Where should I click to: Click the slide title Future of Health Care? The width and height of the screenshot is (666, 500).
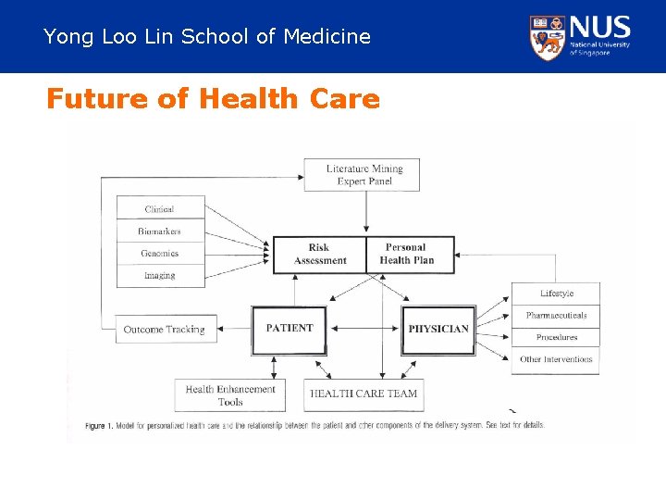(x=213, y=98)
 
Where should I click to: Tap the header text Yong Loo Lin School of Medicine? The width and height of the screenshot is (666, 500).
(x=207, y=37)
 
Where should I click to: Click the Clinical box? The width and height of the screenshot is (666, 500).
(x=159, y=209)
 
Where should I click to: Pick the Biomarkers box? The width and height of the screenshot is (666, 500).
(x=159, y=231)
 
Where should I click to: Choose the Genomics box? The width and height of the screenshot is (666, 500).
(x=159, y=254)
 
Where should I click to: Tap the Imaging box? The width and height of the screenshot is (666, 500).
(x=159, y=276)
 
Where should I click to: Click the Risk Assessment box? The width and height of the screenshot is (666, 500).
(x=319, y=255)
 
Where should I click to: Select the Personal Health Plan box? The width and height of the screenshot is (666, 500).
(x=406, y=255)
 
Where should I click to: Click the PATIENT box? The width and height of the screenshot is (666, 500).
(x=290, y=329)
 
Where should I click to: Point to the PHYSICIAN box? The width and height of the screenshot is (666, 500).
(x=438, y=330)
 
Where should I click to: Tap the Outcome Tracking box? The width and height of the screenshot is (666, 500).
(x=165, y=330)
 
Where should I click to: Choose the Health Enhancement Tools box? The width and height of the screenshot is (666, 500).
(x=230, y=395)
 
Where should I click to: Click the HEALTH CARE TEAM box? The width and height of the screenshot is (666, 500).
(x=364, y=394)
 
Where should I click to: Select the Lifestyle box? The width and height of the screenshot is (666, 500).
(x=556, y=294)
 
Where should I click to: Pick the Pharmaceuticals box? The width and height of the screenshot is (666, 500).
(x=556, y=316)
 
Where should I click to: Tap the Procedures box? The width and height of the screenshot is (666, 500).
(x=556, y=338)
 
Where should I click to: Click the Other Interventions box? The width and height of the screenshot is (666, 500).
(x=556, y=360)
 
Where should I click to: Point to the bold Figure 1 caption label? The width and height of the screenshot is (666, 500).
(x=99, y=426)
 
